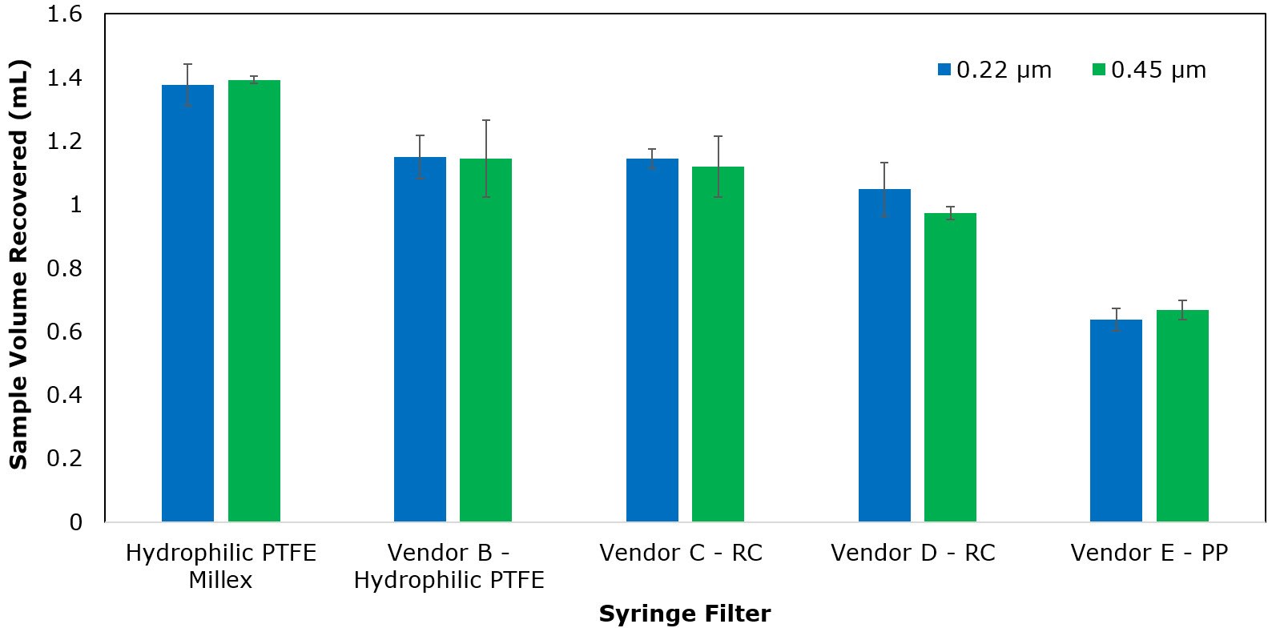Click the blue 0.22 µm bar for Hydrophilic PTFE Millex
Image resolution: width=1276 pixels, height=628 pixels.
187,304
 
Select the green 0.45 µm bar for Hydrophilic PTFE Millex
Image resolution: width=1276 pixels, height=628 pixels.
254,302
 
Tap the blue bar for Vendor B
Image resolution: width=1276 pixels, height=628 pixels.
420,340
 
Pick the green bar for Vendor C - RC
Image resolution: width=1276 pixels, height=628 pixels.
718,344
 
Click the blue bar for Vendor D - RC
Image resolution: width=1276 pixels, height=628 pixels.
884,356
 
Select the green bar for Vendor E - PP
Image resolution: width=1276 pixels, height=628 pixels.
1182,417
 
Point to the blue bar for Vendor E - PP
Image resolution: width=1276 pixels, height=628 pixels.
1116,421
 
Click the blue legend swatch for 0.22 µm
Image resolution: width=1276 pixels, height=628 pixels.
944,70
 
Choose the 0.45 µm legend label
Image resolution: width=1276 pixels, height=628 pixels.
1158,70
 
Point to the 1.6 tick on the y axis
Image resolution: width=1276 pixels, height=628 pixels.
64,14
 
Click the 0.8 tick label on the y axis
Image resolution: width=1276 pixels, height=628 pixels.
64,268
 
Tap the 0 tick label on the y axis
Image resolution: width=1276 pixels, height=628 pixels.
75,522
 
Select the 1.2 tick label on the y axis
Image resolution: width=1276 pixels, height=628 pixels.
64,142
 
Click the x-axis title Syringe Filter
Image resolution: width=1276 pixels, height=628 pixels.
684,614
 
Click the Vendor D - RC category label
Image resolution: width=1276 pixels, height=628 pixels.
912,554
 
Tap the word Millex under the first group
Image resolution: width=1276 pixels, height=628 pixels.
220,581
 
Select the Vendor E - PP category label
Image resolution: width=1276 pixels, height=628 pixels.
1149,554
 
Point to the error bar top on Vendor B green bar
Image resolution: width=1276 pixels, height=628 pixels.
485,121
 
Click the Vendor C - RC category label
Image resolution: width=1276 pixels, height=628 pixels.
681,554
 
